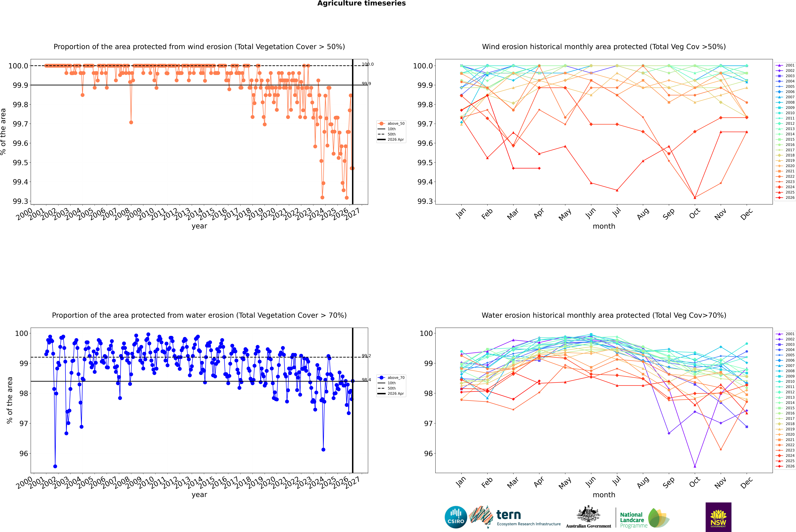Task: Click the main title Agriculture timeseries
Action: (x=361, y=3)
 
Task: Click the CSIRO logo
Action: (x=456, y=517)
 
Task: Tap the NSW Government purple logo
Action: (x=718, y=517)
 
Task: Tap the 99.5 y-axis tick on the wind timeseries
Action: (x=20, y=163)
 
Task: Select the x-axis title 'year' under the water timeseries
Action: (x=199, y=495)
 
